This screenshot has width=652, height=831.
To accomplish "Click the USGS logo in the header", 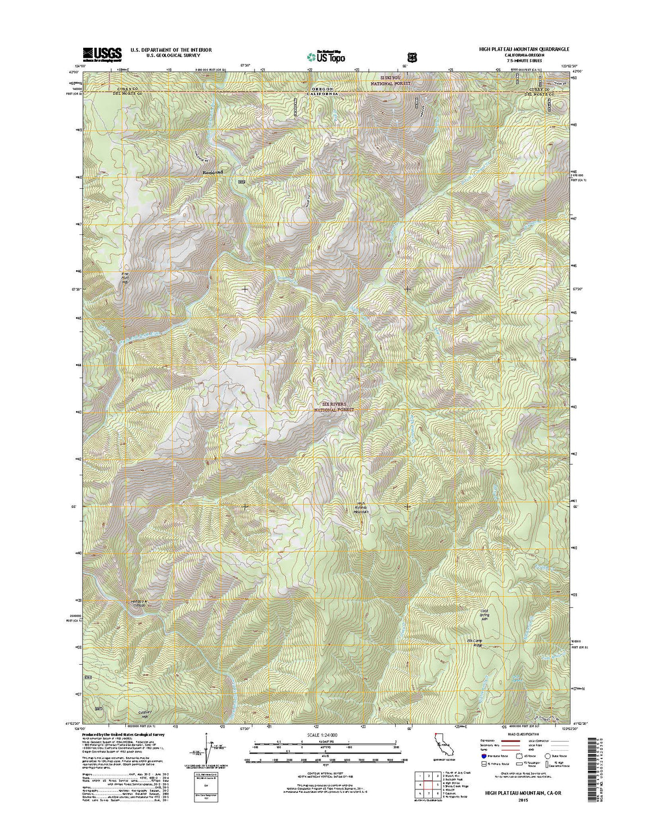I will click(102, 54).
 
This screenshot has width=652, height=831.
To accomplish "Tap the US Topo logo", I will click(326, 56).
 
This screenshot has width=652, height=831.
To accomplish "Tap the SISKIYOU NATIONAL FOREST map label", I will click(390, 80).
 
